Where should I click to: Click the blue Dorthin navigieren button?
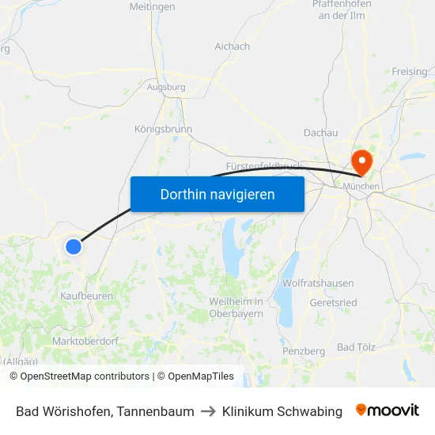217,194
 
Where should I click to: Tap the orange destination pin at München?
362,162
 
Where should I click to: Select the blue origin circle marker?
74,247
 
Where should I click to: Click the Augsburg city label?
166,87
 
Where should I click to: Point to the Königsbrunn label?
163,129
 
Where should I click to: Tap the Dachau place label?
320,133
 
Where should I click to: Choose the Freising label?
409,72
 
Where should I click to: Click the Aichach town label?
232,47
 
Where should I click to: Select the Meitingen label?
152,7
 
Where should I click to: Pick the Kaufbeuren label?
87,296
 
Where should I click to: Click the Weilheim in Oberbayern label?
236,308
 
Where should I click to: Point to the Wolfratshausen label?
317,282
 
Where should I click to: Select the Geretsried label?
334,302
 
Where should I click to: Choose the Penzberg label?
304,350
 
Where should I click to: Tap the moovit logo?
387,410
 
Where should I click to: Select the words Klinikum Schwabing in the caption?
282,411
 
